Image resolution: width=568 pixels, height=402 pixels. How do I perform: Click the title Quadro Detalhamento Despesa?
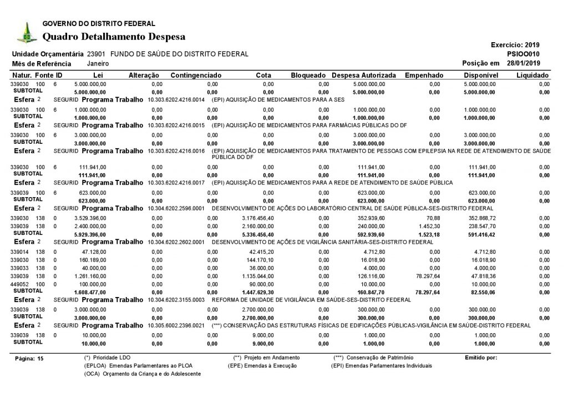click(x=114, y=37)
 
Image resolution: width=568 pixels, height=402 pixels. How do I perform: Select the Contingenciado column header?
click(x=196, y=75)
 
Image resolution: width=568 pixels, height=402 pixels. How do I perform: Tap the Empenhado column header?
click(x=424, y=75)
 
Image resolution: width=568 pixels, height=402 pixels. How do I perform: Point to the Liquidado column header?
click(x=532, y=75)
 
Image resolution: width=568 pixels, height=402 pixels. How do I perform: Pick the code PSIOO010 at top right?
click(x=524, y=53)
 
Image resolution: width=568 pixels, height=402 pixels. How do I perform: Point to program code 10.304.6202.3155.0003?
click(x=177, y=300)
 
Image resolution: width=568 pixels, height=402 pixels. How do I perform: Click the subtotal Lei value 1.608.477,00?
click(x=90, y=292)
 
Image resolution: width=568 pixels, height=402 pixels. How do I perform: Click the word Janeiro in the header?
click(x=98, y=64)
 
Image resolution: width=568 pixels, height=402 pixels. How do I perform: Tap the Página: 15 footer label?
click(x=28, y=359)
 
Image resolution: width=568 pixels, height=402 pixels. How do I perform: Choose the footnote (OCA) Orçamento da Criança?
click(x=142, y=374)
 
